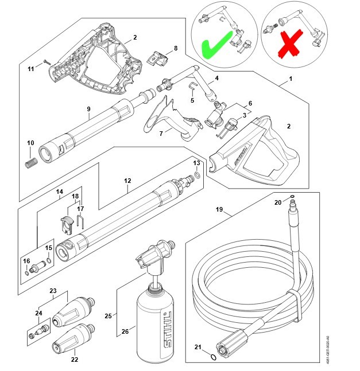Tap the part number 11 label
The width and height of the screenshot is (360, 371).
[32, 69]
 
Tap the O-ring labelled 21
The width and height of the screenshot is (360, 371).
[214, 357]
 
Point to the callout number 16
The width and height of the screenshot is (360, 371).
[26, 261]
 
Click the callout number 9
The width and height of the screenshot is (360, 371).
[88, 108]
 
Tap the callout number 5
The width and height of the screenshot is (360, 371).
[192, 100]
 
